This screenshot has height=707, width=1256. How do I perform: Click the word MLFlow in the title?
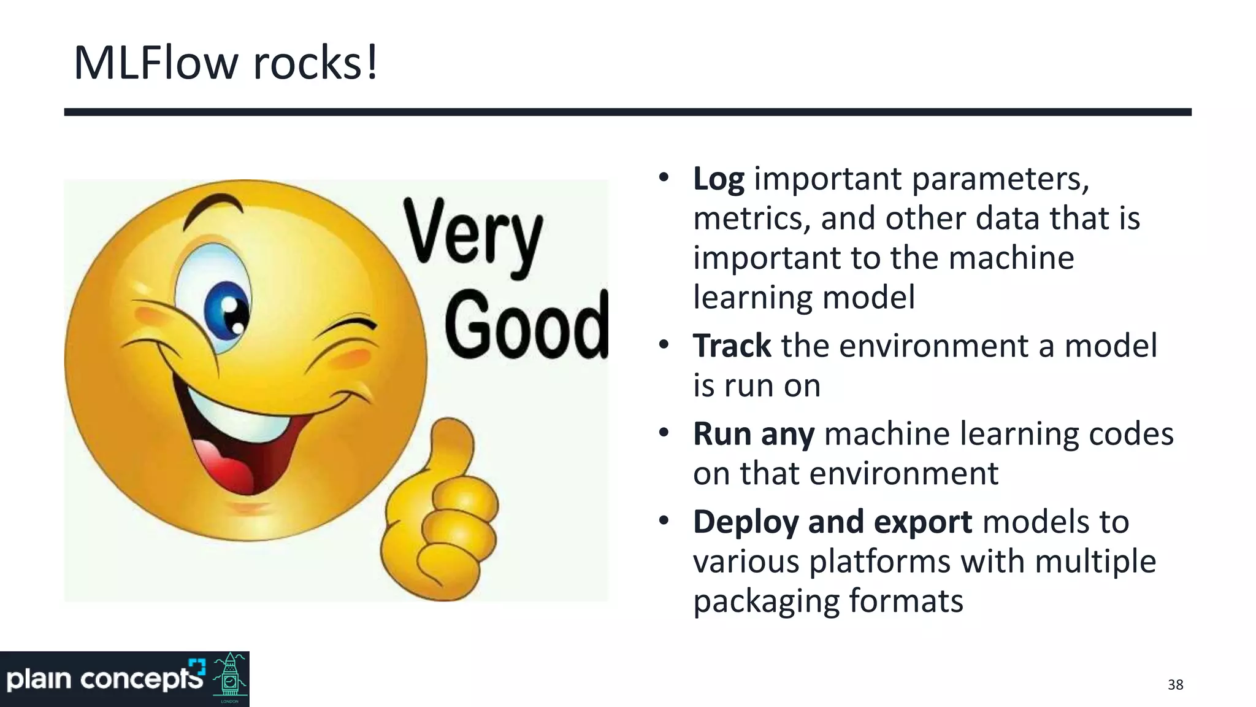155,63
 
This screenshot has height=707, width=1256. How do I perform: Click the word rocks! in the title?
315,63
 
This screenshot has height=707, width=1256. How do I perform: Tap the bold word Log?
718,179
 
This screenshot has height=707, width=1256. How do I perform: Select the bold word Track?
732,346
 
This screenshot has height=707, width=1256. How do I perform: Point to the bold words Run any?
754,434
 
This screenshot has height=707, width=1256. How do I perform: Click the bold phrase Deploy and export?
832,522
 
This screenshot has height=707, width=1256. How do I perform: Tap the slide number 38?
1175,685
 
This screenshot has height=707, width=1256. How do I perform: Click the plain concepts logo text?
104,679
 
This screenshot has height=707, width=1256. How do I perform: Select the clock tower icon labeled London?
231,678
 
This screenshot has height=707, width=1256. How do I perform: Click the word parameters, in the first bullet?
1000,179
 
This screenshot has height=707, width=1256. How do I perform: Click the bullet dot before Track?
664,345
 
